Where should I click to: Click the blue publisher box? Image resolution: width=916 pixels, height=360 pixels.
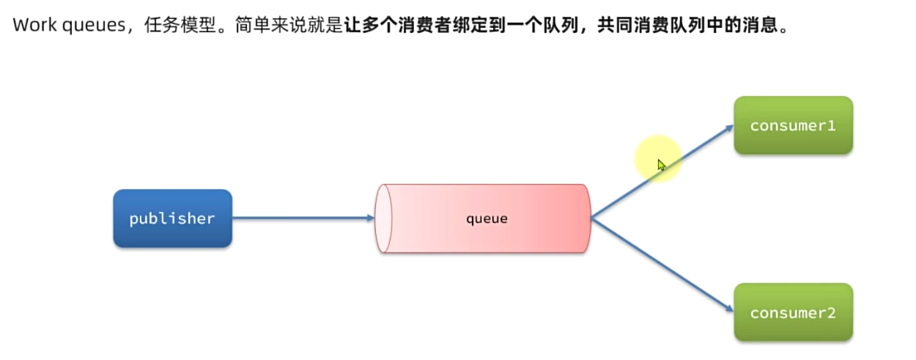click(172, 218)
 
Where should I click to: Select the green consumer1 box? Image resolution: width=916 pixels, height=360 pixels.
click(793, 125)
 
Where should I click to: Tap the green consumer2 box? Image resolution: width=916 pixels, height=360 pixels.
click(793, 312)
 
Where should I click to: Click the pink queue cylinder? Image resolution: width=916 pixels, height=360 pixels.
click(484, 218)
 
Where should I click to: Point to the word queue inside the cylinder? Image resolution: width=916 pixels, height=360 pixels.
click(487, 218)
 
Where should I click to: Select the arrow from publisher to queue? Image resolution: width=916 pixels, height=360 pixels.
click(300, 218)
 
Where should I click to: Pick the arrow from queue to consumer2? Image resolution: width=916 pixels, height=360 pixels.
click(660, 265)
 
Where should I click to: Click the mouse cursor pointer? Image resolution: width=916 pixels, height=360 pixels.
click(661, 165)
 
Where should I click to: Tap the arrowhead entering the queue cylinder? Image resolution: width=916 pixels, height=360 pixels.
click(369, 218)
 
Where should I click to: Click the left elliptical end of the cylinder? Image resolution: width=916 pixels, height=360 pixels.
click(383, 218)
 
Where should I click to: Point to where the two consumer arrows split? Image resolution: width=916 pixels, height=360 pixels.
click(591, 218)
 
